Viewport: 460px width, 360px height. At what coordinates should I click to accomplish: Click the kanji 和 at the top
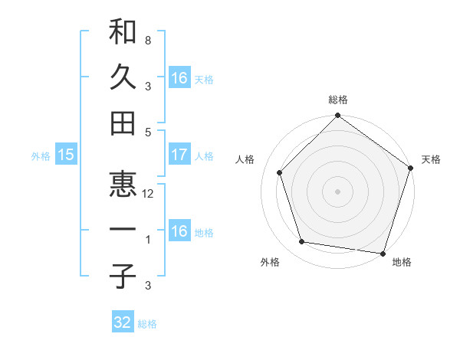click(x=123, y=31)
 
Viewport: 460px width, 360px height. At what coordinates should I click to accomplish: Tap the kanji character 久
click(x=123, y=77)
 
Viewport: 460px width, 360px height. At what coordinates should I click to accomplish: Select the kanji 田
click(x=123, y=123)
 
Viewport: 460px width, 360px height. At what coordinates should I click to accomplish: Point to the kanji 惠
click(x=123, y=185)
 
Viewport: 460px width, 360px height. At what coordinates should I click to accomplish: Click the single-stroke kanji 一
click(x=123, y=231)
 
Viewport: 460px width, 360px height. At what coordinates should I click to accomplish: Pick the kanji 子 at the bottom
click(x=123, y=277)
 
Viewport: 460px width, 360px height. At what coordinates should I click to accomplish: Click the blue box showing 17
click(x=179, y=155)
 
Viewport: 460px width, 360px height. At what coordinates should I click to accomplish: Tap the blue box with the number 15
click(x=66, y=155)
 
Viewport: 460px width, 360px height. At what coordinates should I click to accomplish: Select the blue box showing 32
click(x=123, y=323)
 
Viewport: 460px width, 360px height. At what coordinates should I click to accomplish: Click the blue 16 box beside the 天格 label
click(x=179, y=77)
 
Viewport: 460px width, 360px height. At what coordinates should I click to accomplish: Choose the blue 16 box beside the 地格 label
click(x=179, y=232)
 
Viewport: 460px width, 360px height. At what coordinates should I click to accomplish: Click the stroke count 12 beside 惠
click(x=149, y=195)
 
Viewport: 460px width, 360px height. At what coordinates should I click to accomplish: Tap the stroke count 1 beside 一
click(x=147, y=241)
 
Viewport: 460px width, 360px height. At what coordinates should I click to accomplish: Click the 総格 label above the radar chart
click(x=338, y=100)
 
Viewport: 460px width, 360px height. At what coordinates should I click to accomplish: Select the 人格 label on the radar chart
click(x=246, y=159)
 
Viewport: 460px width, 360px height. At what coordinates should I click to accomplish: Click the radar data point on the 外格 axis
click(x=302, y=242)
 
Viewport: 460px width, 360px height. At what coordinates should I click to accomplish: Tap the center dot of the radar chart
click(x=338, y=191)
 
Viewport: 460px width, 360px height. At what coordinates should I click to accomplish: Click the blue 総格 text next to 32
click(x=147, y=324)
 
